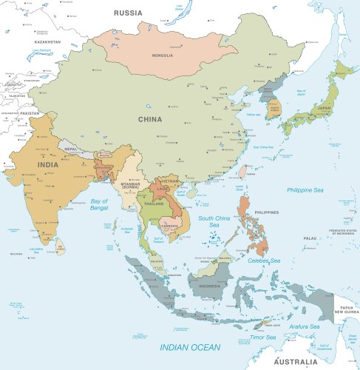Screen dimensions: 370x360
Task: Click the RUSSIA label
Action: pyautogui.click(x=128, y=13)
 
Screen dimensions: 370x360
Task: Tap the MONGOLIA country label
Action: pyautogui.click(x=163, y=55)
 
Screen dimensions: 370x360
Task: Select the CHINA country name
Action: pyautogui.click(x=151, y=118)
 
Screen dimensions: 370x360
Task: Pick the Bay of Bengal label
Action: pyautogui.click(x=100, y=205)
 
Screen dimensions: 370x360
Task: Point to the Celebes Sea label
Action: pyautogui.click(x=264, y=260)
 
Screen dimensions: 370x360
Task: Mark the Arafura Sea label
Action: pyautogui.click(x=305, y=326)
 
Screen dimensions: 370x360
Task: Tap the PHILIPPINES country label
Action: pyautogui.click(x=267, y=212)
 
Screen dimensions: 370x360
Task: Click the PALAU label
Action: pyautogui.click(x=310, y=238)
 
